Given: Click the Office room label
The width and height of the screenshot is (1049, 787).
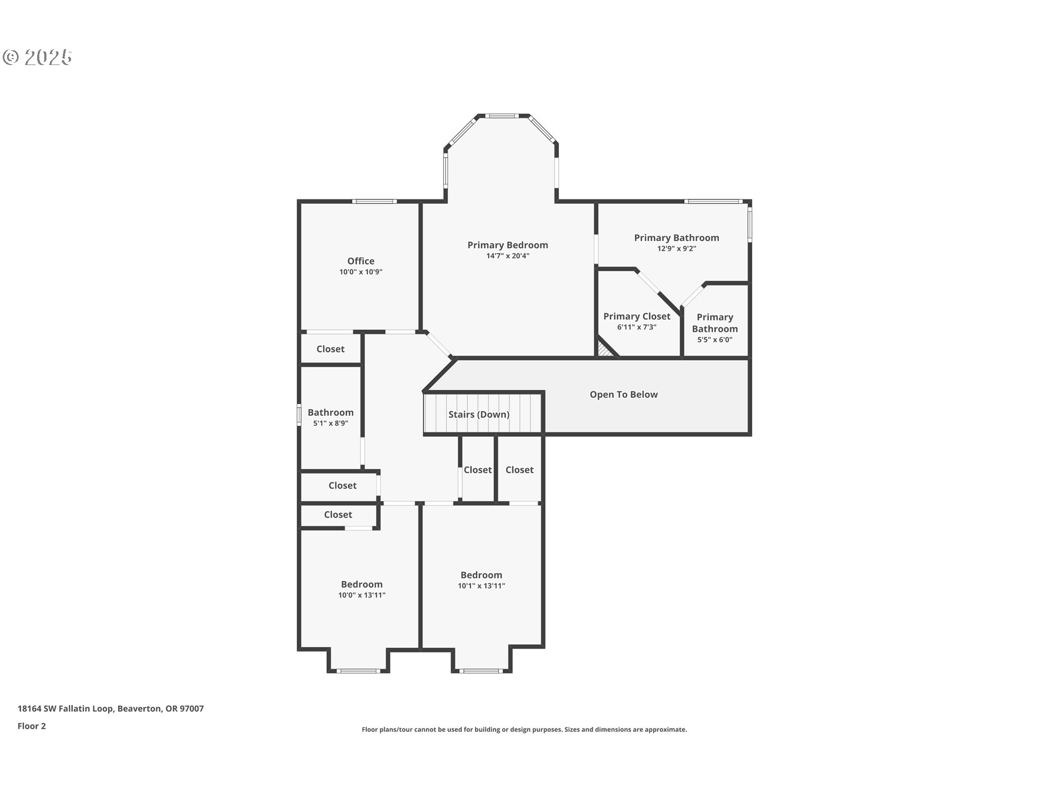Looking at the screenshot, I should (361, 261).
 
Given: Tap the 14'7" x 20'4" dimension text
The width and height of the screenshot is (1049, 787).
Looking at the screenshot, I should (508, 256).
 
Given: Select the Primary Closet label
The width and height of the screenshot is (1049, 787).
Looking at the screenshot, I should (637, 316).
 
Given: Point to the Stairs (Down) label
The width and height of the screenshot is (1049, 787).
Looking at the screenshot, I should (479, 414).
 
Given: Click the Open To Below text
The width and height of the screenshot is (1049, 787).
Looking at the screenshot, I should (623, 395).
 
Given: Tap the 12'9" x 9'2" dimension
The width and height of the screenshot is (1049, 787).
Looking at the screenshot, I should (676, 249).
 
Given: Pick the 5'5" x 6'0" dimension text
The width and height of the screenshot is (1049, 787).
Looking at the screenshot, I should (715, 340).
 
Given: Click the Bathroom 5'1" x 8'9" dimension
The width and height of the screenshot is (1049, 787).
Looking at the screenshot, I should (330, 424).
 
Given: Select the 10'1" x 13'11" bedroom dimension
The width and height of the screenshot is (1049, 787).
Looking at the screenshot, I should (481, 586).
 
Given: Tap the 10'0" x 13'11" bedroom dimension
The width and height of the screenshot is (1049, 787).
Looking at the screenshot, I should (362, 595).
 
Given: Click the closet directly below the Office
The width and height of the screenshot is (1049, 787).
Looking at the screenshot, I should (330, 349).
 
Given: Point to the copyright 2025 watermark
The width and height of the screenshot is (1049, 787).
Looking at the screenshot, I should (37, 57).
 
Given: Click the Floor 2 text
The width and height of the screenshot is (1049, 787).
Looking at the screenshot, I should (32, 726).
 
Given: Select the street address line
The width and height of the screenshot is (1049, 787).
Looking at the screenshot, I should (110, 708).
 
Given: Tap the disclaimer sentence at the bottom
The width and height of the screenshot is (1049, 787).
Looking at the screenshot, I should (524, 730).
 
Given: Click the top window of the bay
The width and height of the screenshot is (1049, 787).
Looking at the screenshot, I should (502, 116).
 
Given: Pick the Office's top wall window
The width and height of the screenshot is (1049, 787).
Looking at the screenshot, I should (374, 202).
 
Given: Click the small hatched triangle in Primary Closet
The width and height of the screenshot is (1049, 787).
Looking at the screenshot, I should (604, 350).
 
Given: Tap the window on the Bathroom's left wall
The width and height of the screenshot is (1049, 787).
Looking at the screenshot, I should (299, 414).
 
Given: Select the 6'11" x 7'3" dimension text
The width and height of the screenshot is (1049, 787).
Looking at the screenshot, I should (637, 327).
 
